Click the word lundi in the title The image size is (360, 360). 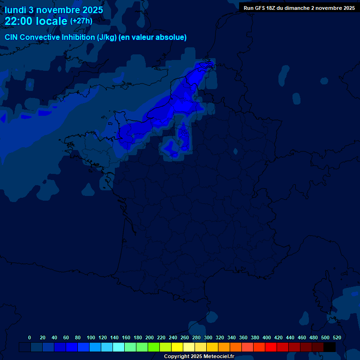tap(15, 9)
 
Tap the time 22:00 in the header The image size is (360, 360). tap(19, 21)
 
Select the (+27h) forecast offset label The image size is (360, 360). tap(81, 21)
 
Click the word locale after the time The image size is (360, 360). tap(52, 21)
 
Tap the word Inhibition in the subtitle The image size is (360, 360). tap(78, 37)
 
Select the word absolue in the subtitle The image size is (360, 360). tap(172, 37)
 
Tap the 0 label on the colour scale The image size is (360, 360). tap(30, 337)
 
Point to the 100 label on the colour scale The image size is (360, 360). tap(91, 337)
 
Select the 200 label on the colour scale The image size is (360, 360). tap(150, 337)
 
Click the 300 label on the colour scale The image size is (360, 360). tap(208, 337)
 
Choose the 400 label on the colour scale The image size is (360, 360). tap(267, 337)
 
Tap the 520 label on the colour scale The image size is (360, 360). tap(337, 337)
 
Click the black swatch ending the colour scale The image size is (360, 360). tap(330, 347)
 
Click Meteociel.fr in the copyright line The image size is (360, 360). tap(218, 357)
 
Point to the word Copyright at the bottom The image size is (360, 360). tap(176, 357)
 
